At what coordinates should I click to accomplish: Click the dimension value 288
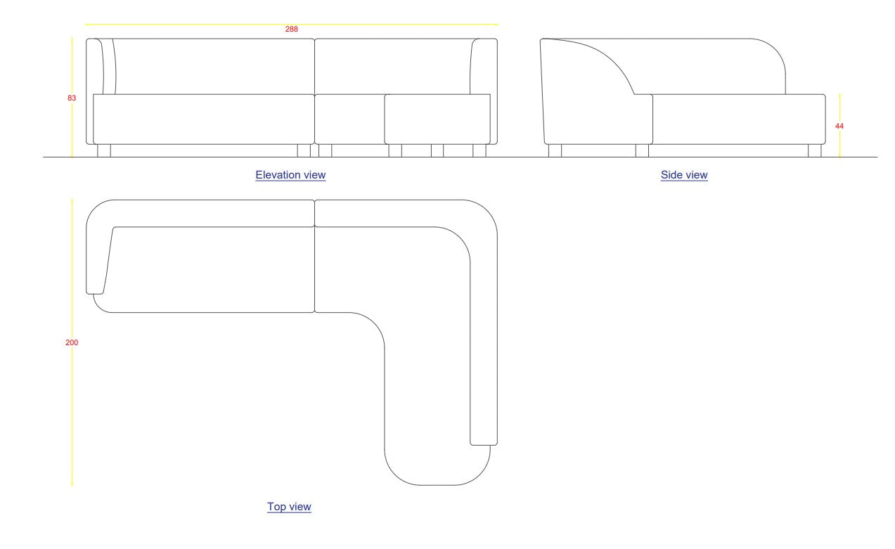coord(291,29)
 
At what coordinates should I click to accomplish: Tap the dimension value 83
coord(72,98)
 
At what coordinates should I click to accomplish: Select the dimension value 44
coord(839,126)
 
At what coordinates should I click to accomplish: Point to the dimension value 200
coord(72,342)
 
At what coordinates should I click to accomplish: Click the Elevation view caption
coord(290,175)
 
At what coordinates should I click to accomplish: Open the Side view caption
coord(684,175)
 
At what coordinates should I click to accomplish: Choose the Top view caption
coord(289,506)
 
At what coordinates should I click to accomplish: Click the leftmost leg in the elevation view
coord(103,150)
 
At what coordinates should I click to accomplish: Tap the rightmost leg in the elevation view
coord(479,150)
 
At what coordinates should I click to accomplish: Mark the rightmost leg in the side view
coord(814,150)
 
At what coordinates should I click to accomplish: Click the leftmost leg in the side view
coord(555,150)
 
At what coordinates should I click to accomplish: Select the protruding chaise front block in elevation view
coord(437,119)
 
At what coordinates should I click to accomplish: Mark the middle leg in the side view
coord(642,150)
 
